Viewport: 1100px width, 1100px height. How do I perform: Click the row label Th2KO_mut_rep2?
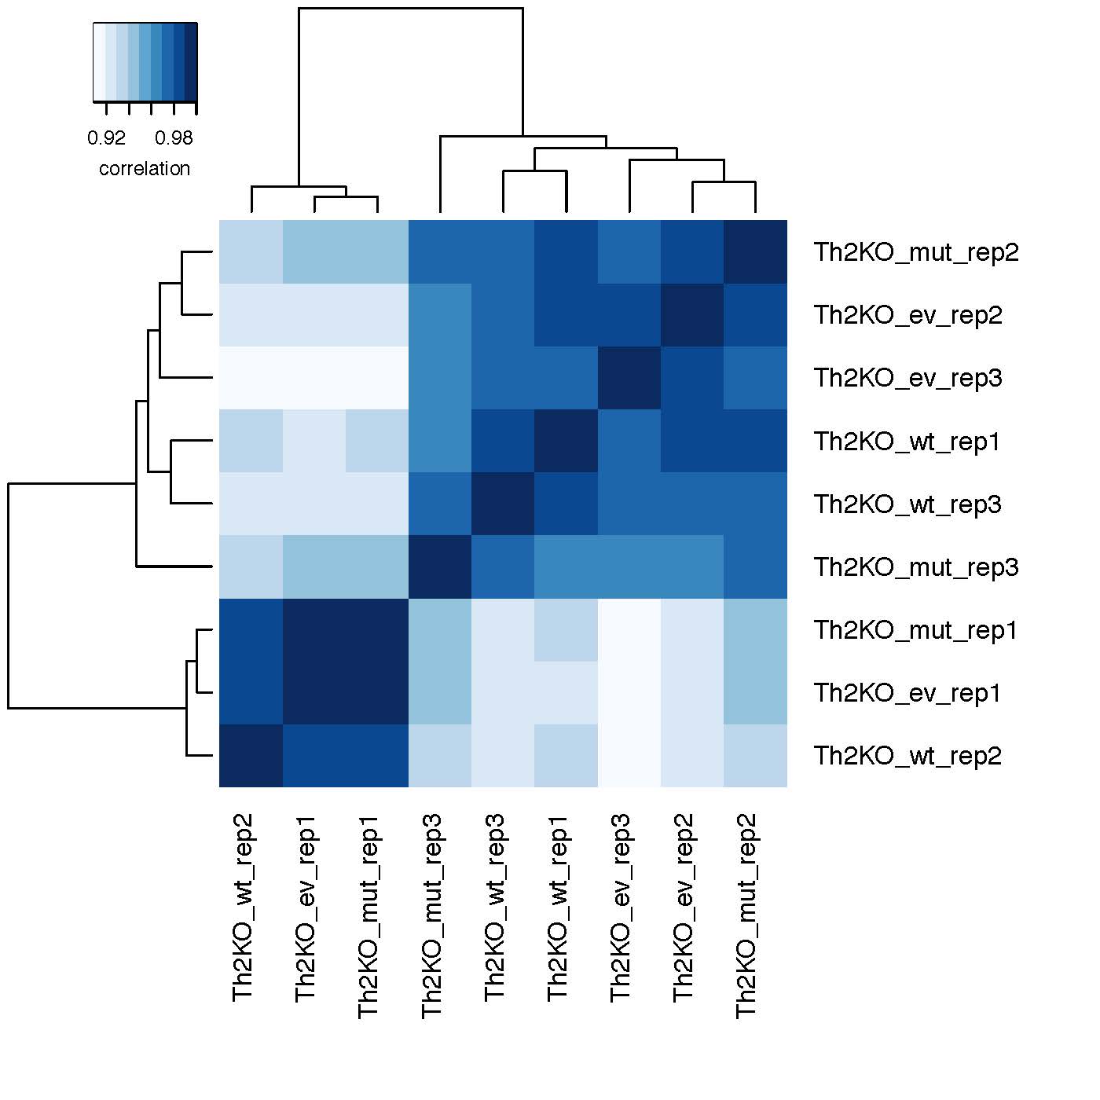click(915, 252)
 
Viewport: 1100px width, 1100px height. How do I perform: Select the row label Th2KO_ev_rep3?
click(907, 378)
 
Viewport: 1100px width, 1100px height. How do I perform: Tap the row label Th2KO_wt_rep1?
click(907, 442)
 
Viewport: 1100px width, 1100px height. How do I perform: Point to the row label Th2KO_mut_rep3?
click(915, 567)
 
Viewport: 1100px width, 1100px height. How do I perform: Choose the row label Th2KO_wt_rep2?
click(907, 756)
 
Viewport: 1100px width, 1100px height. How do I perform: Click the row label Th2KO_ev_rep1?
click(907, 693)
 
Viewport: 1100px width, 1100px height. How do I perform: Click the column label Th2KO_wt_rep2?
click(244, 907)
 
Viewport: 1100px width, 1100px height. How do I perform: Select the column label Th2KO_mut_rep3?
click(432, 916)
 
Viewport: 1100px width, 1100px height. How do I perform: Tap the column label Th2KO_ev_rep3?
click(621, 907)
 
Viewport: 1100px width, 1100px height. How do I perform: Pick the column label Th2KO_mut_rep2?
click(746, 916)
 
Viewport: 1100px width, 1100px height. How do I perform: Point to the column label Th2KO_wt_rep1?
click(558, 907)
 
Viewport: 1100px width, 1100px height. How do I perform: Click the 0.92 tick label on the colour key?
click(106, 138)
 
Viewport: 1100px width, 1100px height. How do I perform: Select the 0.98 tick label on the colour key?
click(174, 138)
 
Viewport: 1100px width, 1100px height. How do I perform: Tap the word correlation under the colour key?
click(145, 169)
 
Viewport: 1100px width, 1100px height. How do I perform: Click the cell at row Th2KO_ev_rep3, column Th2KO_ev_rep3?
click(629, 378)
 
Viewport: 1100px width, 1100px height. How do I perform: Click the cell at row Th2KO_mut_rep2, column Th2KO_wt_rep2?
click(251, 252)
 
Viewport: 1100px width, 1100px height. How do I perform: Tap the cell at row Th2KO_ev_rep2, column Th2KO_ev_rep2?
click(692, 315)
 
